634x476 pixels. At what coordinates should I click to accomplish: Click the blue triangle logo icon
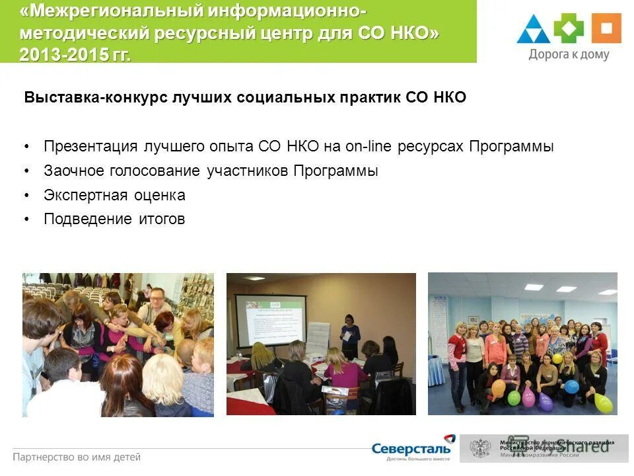point(534,30)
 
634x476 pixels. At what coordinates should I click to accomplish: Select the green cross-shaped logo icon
point(569,28)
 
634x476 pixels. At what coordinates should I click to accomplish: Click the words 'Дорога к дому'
point(569,55)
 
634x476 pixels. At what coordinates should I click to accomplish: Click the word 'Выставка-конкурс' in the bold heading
point(96,98)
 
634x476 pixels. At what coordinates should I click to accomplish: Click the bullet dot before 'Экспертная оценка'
point(27,196)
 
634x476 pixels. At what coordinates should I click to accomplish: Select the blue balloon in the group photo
point(571,386)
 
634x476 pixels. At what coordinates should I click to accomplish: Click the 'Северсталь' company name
point(411,448)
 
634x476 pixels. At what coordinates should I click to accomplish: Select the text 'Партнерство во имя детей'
point(77,456)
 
